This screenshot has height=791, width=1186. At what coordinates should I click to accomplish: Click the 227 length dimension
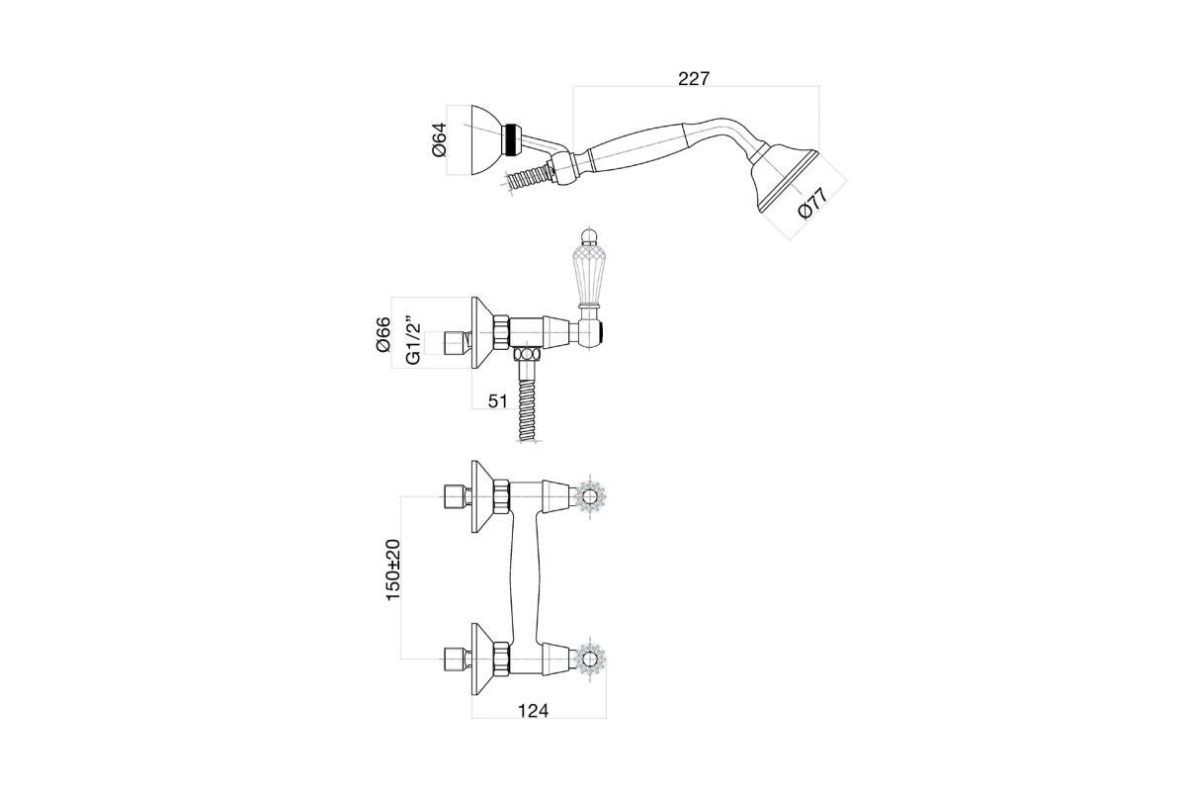click(693, 79)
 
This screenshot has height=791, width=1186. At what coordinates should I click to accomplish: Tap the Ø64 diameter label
click(440, 140)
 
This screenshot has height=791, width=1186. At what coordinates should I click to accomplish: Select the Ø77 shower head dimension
click(812, 203)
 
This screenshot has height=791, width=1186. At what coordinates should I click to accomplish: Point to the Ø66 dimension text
click(382, 334)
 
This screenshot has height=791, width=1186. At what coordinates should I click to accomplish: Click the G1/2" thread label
click(413, 339)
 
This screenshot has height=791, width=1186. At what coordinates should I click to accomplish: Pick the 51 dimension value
click(498, 401)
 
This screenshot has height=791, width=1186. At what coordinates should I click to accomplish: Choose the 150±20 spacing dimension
click(393, 570)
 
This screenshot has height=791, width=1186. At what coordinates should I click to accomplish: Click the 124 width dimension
click(533, 711)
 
